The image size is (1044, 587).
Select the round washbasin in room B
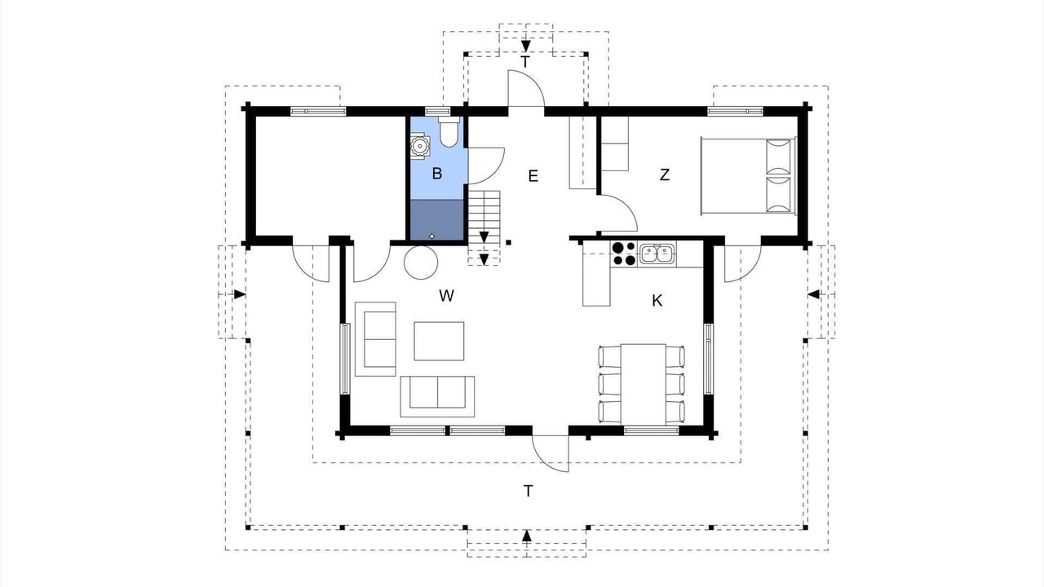(x=419, y=147)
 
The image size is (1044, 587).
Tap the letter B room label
(x=436, y=174)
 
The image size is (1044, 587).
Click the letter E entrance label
(x=533, y=176)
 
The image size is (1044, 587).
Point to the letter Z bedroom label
(x=665, y=174)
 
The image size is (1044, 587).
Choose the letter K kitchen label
(x=657, y=301)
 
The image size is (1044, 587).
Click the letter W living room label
(x=446, y=296)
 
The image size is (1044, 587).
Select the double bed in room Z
(x=748, y=175)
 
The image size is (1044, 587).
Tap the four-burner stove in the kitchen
(x=624, y=254)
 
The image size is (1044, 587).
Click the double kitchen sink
(x=657, y=254)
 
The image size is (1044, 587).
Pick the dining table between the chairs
(x=644, y=384)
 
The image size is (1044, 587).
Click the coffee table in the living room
(x=439, y=341)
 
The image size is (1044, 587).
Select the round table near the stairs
(x=421, y=263)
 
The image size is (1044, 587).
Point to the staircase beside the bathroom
(x=484, y=227)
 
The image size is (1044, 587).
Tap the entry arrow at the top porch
(x=526, y=46)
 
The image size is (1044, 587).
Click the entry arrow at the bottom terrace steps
(x=527, y=536)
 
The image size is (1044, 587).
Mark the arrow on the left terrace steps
(x=240, y=294)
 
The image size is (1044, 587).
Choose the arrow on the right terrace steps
(x=814, y=294)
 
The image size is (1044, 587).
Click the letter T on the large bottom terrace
(x=528, y=491)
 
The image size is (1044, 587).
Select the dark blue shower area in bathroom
(x=437, y=220)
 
